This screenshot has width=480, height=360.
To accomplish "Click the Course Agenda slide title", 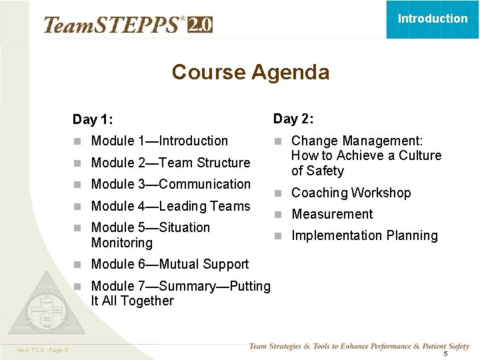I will click(x=250, y=72).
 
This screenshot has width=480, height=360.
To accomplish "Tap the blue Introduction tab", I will click(x=433, y=19).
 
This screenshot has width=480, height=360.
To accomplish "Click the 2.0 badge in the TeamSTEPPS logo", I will click(x=200, y=25).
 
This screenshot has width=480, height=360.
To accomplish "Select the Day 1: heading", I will click(x=93, y=120).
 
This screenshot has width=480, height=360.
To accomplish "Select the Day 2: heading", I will click(x=293, y=119).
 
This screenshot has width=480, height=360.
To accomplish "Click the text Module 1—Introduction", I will click(x=159, y=141).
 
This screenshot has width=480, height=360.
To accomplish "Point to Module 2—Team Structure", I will click(x=170, y=163).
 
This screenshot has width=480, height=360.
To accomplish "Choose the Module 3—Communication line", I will click(x=171, y=184).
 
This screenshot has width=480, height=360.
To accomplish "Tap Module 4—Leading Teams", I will click(x=170, y=206).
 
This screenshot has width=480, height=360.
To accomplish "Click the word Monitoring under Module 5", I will click(x=121, y=243).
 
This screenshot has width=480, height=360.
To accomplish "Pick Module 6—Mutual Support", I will click(x=169, y=264).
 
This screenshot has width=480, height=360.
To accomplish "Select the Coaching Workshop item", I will click(x=351, y=193).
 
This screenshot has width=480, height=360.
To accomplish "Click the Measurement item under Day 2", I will click(x=332, y=214).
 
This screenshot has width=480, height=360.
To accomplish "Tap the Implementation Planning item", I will click(x=364, y=235).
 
